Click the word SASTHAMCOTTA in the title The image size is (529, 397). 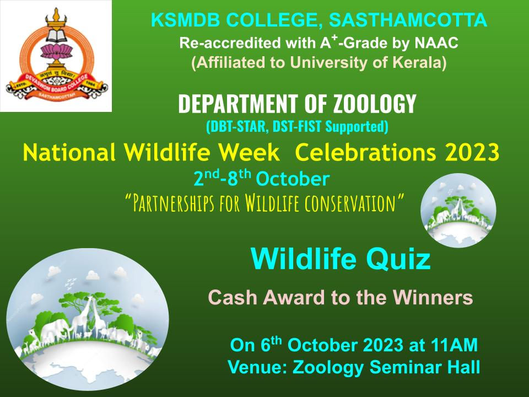coord(408,20)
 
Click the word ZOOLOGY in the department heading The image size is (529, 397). coord(375,103)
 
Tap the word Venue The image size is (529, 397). coord(257,367)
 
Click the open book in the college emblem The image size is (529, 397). coord(57,35)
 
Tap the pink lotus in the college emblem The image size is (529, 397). coord(56,51)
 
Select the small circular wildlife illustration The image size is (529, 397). coord(458,210)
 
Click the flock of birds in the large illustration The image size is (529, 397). coord(71,284)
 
